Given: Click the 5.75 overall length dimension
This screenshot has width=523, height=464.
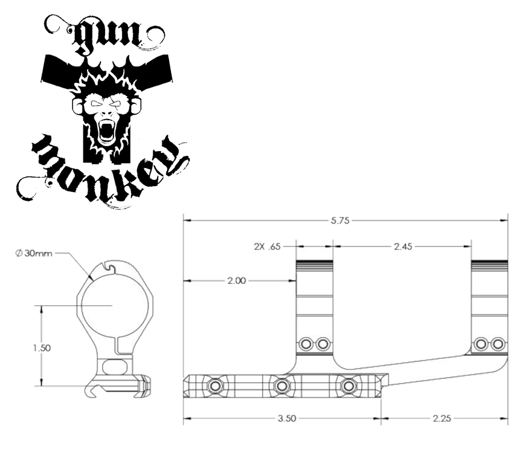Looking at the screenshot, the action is click(x=340, y=221).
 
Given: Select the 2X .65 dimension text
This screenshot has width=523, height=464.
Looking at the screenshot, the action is click(x=267, y=246).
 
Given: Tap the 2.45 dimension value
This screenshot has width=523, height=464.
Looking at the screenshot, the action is click(x=403, y=246).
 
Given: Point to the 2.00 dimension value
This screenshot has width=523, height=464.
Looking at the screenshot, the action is click(x=237, y=280).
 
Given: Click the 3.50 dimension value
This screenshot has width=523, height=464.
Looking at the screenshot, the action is click(x=287, y=418).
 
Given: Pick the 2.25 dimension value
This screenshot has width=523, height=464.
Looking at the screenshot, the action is click(x=441, y=418).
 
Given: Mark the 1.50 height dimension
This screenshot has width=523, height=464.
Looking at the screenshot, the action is click(x=42, y=348).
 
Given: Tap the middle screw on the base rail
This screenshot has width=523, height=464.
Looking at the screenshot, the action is click(x=282, y=386).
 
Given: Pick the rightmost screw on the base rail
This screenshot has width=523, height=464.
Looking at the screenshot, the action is click(x=348, y=386).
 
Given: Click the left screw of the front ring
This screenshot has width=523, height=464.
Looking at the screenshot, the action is click(x=306, y=344).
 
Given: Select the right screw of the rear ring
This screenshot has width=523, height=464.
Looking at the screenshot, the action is click(x=498, y=344).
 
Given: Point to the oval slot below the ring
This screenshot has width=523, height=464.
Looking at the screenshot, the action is click(x=114, y=367).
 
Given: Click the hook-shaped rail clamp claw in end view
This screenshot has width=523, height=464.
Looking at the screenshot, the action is click(x=93, y=391).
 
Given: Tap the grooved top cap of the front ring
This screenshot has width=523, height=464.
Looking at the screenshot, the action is click(x=314, y=265).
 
